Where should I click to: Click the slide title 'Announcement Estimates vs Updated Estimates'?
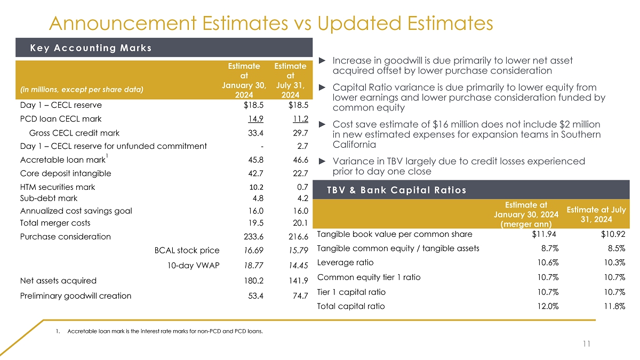pyautogui.click(x=270, y=23)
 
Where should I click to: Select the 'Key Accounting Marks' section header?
pyautogui.click(x=91, y=48)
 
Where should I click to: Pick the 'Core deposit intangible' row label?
pyautogui.click(x=66, y=173)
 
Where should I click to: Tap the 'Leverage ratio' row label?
pyautogui.click(x=345, y=262)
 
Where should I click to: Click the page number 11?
pyautogui.click(x=587, y=344)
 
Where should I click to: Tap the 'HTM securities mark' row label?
pyautogui.click(x=58, y=187)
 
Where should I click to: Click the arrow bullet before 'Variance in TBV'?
pyautogui.click(x=322, y=161)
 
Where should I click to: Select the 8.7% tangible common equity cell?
pyautogui.click(x=549, y=248)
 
